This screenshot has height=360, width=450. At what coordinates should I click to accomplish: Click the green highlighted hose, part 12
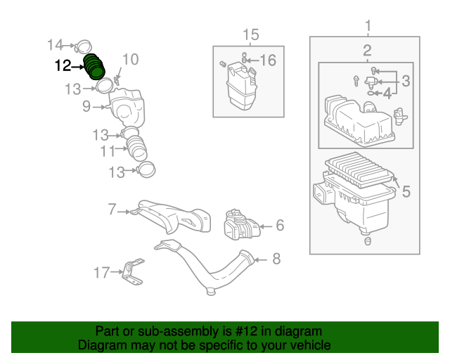94,67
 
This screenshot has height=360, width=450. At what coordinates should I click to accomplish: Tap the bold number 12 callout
63,65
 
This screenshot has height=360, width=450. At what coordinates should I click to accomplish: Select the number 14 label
55,45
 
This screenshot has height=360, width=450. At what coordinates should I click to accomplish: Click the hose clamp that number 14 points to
83,47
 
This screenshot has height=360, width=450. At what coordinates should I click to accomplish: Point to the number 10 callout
131,60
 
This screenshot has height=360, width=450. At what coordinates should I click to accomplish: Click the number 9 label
86,106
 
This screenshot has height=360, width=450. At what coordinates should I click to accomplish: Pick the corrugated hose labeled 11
137,148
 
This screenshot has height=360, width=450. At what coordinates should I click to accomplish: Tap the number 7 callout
112,209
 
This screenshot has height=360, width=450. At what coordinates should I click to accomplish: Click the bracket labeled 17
133,271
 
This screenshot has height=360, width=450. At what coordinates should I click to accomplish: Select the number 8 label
276,259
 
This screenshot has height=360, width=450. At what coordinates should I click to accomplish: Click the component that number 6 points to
242,225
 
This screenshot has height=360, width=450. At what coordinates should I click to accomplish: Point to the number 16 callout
268,60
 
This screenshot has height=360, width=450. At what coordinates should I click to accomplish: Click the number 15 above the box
251,34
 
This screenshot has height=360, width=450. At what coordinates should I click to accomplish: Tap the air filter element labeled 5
359,169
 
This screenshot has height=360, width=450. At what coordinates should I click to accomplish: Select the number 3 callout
406,81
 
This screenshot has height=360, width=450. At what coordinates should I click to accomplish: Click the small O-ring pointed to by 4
371,93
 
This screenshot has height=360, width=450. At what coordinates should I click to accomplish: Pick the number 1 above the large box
368,25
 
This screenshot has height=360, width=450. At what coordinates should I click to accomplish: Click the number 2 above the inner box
367,51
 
